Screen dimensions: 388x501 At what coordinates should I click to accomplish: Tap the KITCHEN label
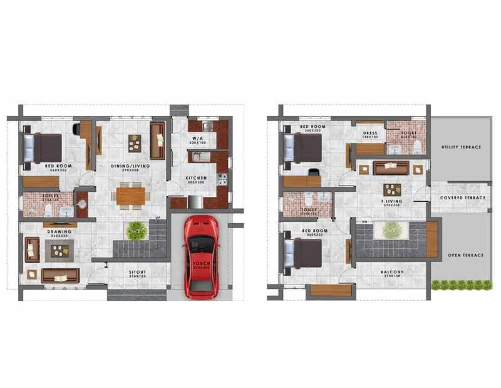197,178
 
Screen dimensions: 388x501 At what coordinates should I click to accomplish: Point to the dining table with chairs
130,196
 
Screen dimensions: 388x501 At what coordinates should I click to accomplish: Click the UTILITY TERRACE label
462,147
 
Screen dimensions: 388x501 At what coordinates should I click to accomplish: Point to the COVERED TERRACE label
463,197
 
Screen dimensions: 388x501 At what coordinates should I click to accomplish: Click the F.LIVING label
391,201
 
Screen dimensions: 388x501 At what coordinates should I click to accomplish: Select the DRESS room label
369,134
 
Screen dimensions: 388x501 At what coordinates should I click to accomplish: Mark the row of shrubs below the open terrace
462,285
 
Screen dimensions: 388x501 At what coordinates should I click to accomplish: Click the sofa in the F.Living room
391,168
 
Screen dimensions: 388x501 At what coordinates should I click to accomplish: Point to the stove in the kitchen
222,178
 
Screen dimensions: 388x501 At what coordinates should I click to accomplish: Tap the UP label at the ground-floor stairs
158,218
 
